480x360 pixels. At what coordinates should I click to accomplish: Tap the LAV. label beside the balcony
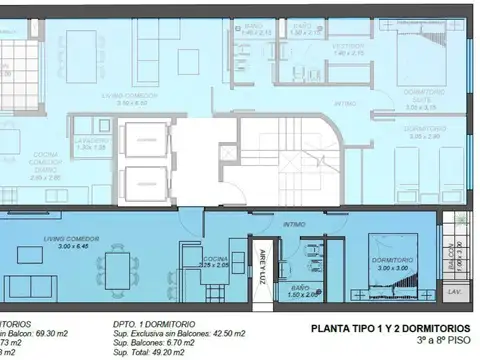(x=454, y=292)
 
